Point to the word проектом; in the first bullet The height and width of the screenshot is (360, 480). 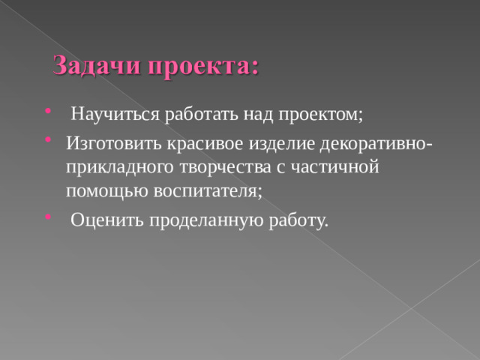pyautogui.click(x=321, y=115)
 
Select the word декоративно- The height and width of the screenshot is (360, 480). pyautogui.click(x=375, y=142)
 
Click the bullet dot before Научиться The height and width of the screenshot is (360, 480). pyautogui.click(x=49, y=115)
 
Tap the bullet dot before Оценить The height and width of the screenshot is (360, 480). pyautogui.click(x=49, y=220)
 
